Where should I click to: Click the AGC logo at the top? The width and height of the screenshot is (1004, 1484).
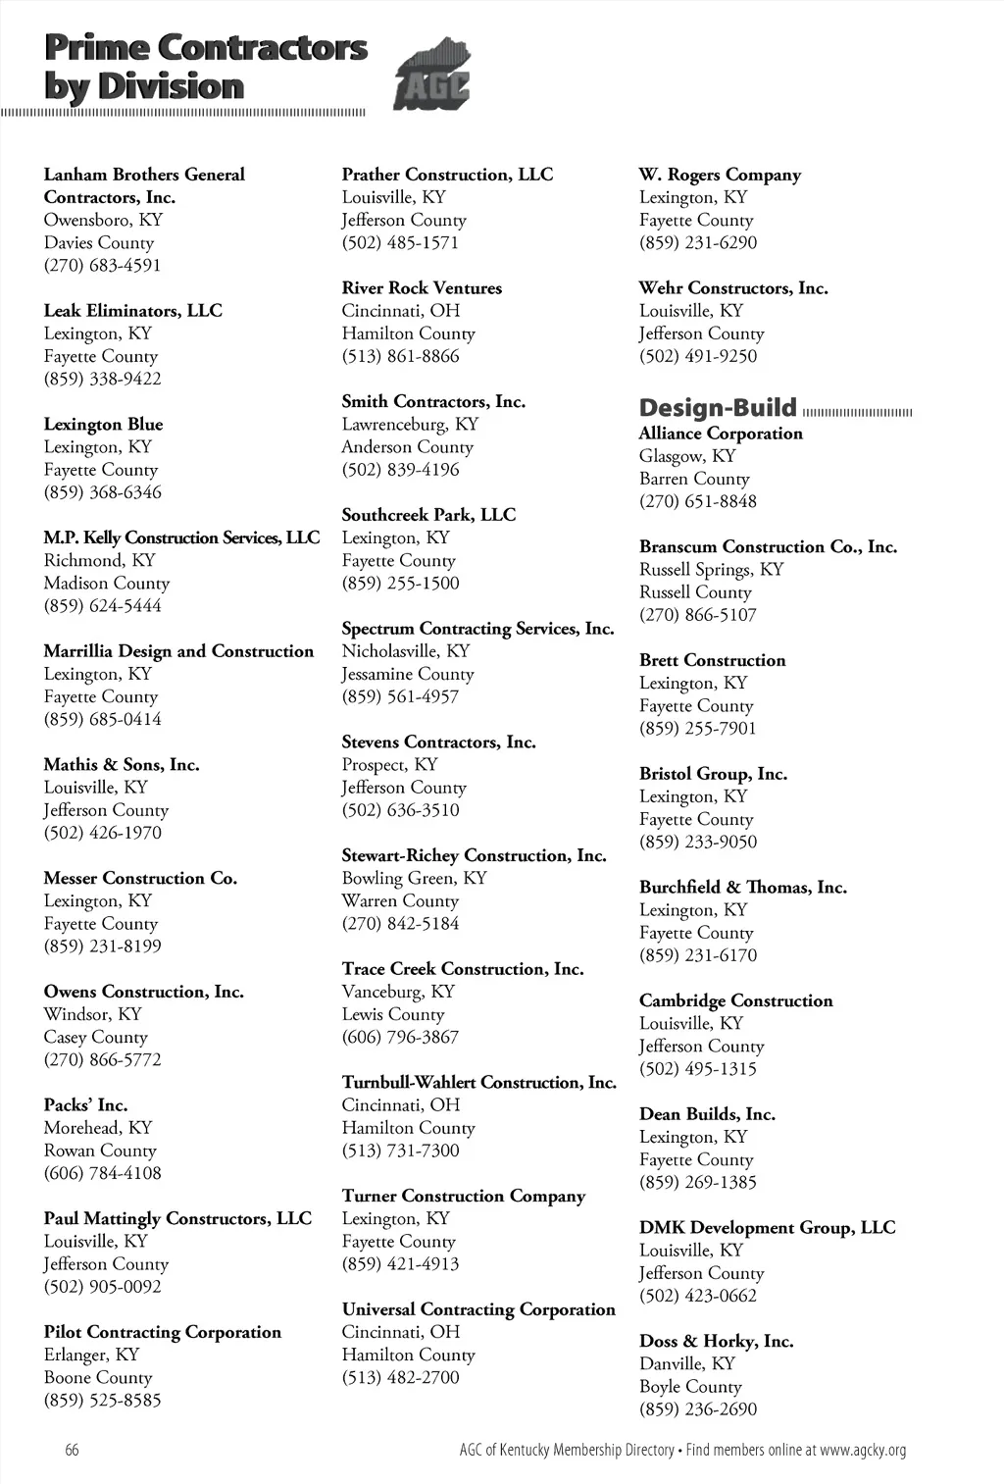pyautogui.click(x=431, y=75)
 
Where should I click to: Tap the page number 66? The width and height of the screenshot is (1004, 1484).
pyautogui.click(x=72, y=1450)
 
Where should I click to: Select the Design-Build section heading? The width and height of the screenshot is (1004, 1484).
pyautogui.click(x=718, y=408)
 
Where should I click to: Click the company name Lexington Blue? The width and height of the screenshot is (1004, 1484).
pyautogui.click(x=103, y=424)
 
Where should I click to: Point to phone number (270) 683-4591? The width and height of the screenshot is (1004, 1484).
pyautogui.click(x=102, y=265)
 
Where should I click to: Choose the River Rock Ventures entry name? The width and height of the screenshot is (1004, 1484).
pyautogui.click(x=422, y=287)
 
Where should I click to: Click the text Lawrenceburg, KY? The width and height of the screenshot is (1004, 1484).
pyautogui.click(x=410, y=424)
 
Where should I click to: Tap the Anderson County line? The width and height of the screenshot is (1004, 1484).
pyautogui.click(x=407, y=446)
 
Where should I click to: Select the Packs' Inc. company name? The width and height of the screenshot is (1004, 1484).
pyautogui.click(x=85, y=1104)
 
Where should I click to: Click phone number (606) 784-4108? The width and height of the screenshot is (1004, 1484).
pyautogui.click(x=102, y=1172)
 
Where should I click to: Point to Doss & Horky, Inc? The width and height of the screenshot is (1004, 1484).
pyautogui.click(x=716, y=1341)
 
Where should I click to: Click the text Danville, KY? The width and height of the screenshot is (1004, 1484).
pyautogui.click(x=686, y=1363)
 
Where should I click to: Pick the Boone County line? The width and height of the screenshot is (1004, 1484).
pyautogui.click(x=98, y=1377)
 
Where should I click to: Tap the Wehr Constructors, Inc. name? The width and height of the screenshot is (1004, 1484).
pyautogui.click(x=733, y=287)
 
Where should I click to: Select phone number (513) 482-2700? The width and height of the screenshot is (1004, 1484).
pyautogui.click(x=400, y=1377)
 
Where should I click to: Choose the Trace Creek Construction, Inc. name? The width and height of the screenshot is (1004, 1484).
pyautogui.click(x=462, y=968)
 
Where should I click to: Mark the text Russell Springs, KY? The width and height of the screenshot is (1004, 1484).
pyautogui.click(x=711, y=569)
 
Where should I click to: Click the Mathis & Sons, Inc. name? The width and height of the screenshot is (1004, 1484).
pyautogui.click(x=122, y=764)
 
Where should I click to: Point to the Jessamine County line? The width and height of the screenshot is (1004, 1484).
pyautogui.click(x=408, y=674)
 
